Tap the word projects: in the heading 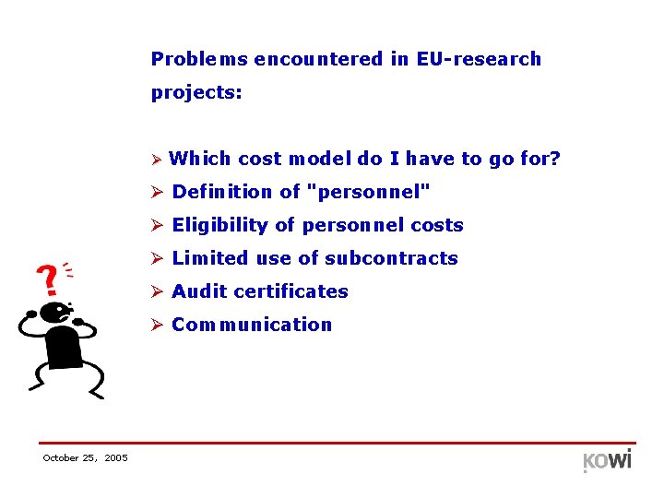tap(196, 93)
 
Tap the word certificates tap(291, 291)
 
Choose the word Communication tap(252, 325)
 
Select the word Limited tap(207, 258)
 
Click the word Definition tap(223, 192)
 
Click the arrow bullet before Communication tap(158, 325)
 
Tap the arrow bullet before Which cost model tap(157, 160)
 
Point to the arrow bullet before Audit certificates tap(158, 291)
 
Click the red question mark tap(44, 278)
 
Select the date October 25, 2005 tap(85, 458)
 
